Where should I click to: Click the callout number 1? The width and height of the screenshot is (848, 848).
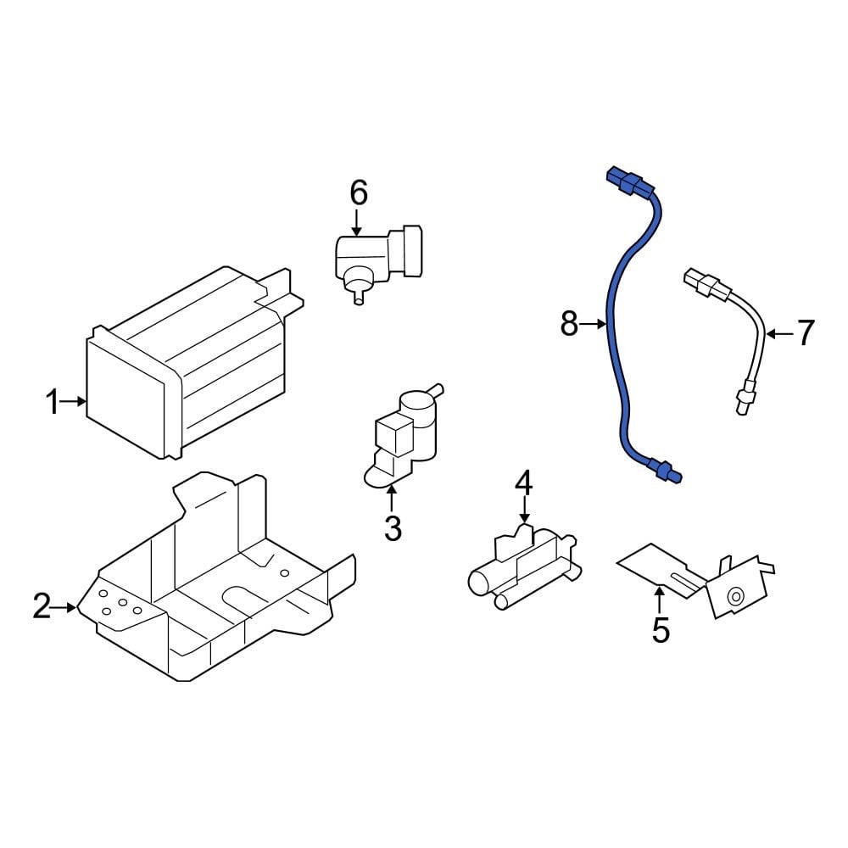(53, 402)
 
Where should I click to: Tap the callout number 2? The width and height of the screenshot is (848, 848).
(42, 606)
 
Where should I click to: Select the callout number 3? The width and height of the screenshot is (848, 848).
(392, 528)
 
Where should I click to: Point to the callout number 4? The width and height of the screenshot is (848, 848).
(523, 484)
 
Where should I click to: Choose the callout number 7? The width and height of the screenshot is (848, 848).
(803, 333)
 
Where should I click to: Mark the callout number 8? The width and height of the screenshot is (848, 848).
(569, 323)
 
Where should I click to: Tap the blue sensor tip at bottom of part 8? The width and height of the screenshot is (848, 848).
(665, 470)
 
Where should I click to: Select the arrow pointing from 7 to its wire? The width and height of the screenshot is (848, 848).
(778, 333)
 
